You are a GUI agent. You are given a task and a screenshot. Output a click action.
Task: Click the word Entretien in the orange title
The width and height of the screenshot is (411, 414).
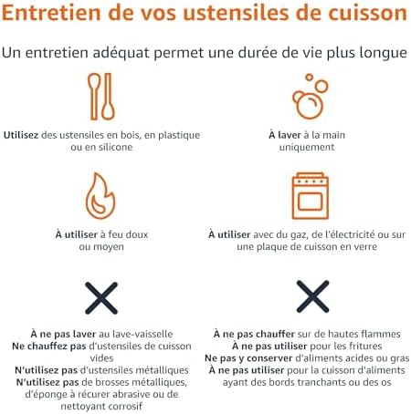(x=51, y=13)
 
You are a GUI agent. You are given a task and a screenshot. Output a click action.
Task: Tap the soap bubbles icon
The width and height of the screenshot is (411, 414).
(x=310, y=97)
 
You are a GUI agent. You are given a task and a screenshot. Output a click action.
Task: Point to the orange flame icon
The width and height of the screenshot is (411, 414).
(x=100, y=196)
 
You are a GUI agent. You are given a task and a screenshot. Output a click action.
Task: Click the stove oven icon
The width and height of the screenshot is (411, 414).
(x=310, y=196)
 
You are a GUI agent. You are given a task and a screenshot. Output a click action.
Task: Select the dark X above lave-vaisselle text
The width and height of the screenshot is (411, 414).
(x=101, y=298)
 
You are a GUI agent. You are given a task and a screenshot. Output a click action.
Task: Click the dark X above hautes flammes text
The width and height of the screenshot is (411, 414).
(x=312, y=296)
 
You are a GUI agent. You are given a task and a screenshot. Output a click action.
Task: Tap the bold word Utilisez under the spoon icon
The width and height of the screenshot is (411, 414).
(x=21, y=135)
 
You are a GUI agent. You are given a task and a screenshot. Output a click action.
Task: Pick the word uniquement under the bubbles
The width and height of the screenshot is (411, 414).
(x=307, y=148)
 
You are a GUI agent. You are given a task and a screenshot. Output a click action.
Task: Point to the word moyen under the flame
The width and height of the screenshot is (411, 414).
(x=109, y=247)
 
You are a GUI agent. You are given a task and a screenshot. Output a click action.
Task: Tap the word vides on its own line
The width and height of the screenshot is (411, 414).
(x=101, y=358)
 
